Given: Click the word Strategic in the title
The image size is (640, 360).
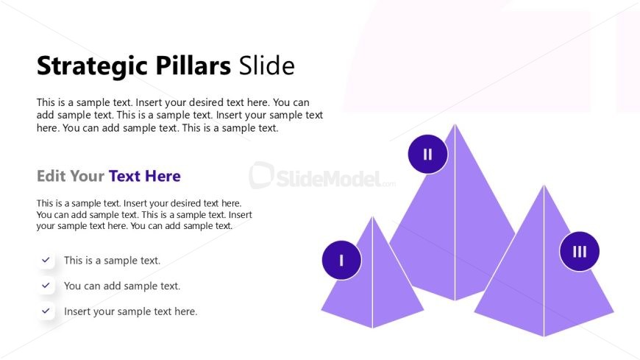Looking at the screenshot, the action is click(93, 66).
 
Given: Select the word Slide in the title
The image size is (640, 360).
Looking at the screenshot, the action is click(266, 66).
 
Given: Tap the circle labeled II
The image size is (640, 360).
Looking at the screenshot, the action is click(427, 154).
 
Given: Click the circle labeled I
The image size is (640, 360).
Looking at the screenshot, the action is click(341, 260).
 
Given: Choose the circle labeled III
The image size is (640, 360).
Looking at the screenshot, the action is click(580, 251).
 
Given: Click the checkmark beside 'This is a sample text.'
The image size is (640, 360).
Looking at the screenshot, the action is click(46, 259).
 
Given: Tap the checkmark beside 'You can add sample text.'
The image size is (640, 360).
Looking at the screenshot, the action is click(46, 285).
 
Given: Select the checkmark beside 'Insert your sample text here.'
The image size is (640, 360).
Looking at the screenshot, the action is click(46, 311).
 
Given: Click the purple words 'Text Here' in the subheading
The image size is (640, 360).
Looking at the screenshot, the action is click(144, 176).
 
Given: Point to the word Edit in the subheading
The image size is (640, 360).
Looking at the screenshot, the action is click(51, 176).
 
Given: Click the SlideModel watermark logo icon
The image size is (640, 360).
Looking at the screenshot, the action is click(262, 175).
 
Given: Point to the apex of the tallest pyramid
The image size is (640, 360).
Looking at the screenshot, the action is click(455, 124).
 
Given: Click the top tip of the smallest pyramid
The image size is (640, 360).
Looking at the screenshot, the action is click(372, 216).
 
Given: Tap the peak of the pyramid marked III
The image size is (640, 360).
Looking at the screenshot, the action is click(544, 185).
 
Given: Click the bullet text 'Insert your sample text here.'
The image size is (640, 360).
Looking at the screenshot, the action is click(131, 311).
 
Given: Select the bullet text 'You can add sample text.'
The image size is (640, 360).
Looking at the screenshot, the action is click(122, 286).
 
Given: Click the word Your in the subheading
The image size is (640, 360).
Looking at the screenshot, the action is click(87, 176).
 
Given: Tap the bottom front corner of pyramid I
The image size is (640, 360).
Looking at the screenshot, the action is click(372, 328).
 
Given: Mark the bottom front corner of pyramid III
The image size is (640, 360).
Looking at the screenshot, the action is click(544, 336).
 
